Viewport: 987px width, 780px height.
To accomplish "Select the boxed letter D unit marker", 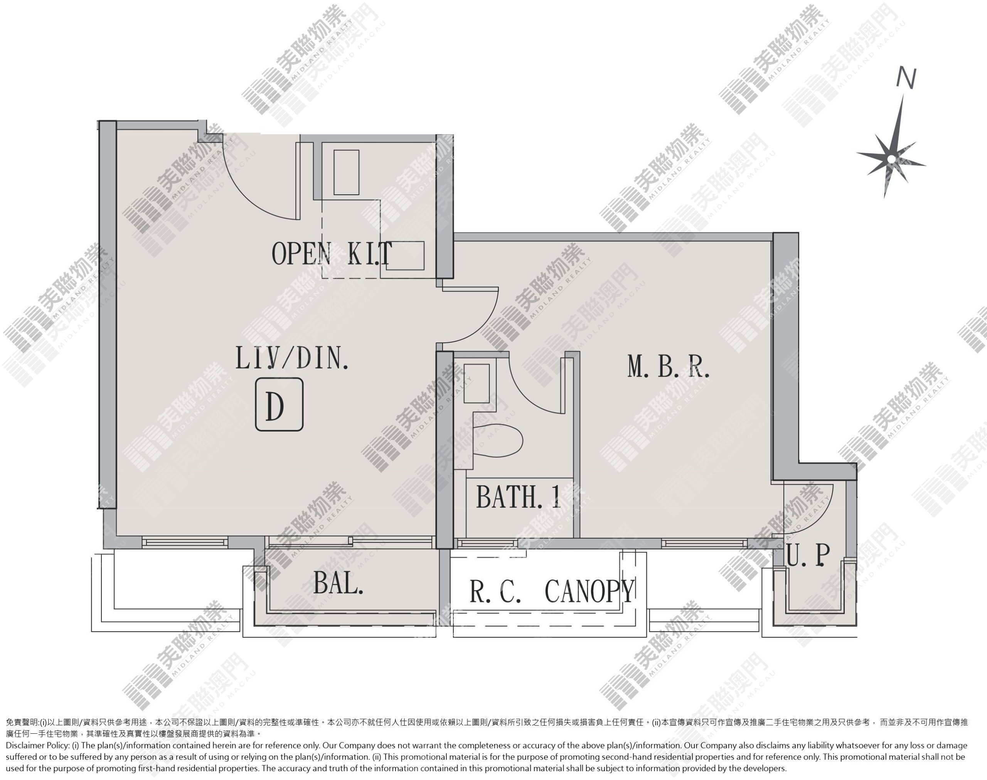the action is coord(279,404).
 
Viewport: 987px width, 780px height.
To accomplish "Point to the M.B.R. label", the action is coord(669,367).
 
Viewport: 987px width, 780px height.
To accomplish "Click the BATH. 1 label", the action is coord(519,497).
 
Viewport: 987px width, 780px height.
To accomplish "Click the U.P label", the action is coord(808,555).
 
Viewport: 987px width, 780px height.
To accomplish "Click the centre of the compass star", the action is coord(891,159).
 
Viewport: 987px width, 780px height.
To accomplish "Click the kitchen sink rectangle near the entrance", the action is coord(346,172).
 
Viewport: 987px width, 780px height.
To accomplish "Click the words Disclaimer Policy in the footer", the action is coord(37,745).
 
